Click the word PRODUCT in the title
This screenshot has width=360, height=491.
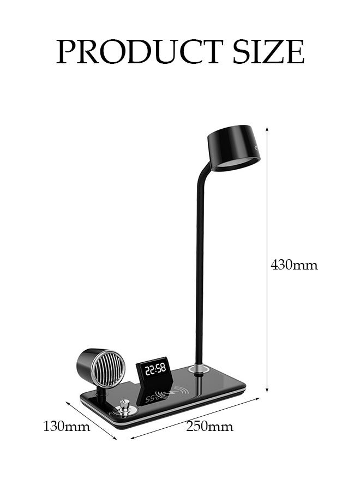(x=140, y=52)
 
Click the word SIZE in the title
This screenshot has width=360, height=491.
(x=267, y=52)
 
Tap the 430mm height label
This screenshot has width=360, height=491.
(x=294, y=266)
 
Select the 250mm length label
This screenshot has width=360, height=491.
(x=209, y=426)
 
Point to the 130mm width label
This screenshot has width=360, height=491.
(x=67, y=426)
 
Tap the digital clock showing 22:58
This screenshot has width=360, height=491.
(x=155, y=369)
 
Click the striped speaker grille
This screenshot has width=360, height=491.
(x=104, y=369)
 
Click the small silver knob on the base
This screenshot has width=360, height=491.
(x=125, y=406)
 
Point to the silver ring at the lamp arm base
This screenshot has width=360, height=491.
(x=200, y=370)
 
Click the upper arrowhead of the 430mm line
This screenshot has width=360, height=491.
(x=267, y=128)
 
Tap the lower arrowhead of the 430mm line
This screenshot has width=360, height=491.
(x=267, y=391)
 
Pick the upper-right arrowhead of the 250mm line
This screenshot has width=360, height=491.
(x=259, y=399)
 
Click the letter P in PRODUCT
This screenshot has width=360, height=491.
(x=67, y=52)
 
